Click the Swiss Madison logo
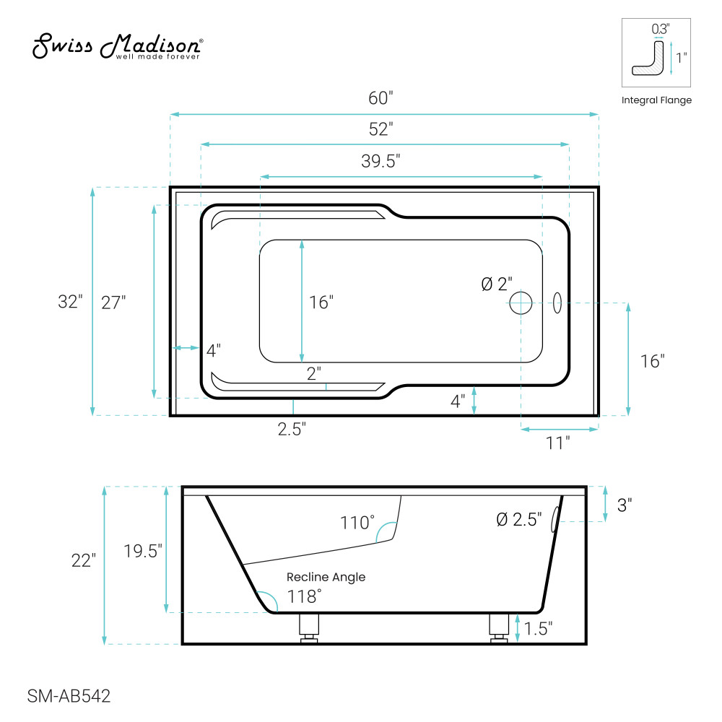[118, 46]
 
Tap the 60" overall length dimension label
[380, 98]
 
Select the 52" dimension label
[380, 129]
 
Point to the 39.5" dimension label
[380, 161]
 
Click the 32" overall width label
[70, 302]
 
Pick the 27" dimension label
[113, 303]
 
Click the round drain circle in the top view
[521, 303]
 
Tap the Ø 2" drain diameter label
[497, 284]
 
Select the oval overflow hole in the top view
[557, 303]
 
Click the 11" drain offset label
[557, 443]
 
